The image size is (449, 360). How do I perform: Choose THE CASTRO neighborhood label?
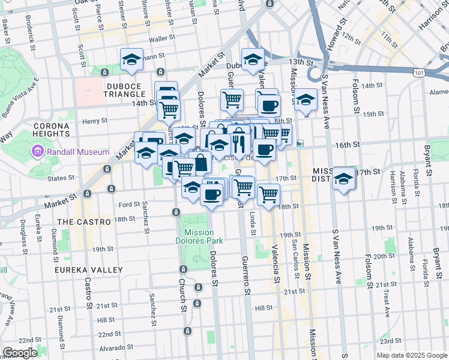click(x=84, y=221)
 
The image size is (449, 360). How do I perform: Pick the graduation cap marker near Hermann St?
click(x=131, y=59)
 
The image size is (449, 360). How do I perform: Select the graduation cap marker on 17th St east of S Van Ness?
click(x=344, y=178)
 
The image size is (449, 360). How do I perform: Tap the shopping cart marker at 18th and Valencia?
click(x=268, y=194)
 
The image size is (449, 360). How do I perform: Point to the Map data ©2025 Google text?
click(x=411, y=355)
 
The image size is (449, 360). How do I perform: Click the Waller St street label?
click(x=161, y=39)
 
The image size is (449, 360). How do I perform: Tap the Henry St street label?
click(x=95, y=121)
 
